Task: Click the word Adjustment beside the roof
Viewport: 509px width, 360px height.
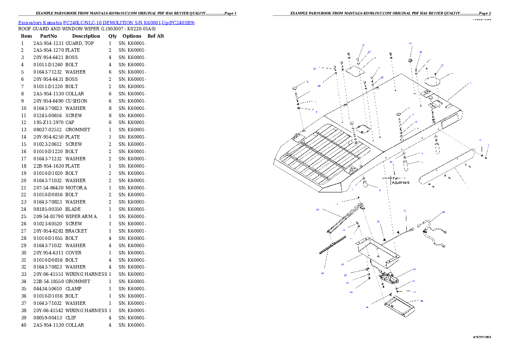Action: pos(401,183)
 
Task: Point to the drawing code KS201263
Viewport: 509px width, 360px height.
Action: pos(482,337)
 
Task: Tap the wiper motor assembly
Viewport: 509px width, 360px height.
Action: pos(389,277)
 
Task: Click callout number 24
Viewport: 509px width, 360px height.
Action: pos(322,272)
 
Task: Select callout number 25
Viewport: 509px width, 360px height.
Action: pos(317,210)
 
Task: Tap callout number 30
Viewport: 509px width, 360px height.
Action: pos(422,301)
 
